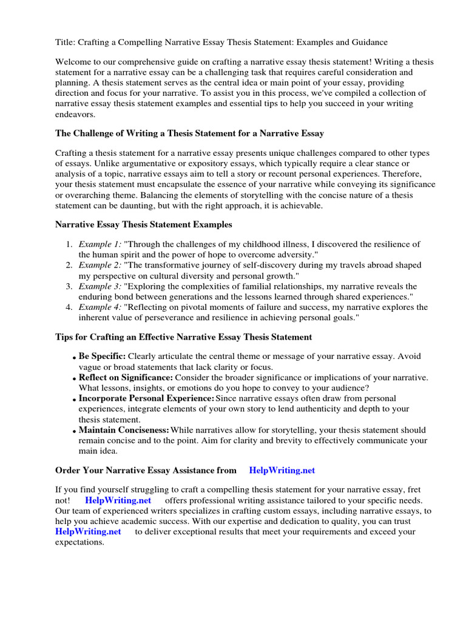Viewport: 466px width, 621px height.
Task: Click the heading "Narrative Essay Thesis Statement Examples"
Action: click(x=144, y=224)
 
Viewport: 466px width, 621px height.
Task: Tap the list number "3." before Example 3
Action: click(x=69, y=286)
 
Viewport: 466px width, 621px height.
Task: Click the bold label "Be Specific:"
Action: click(x=102, y=357)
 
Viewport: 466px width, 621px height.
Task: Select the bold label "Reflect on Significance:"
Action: click(x=126, y=377)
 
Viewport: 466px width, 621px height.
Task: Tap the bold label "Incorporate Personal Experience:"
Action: click(x=146, y=398)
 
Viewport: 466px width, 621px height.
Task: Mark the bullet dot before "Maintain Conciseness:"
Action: click(x=75, y=431)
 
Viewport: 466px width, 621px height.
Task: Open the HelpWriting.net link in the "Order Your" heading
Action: click(x=282, y=470)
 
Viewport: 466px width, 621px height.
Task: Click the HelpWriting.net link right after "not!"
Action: click(x=118, y=500)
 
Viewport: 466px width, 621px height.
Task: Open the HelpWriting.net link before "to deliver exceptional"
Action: click(x=89, y=531)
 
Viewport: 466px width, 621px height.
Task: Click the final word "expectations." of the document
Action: click(x=79, y=542)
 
